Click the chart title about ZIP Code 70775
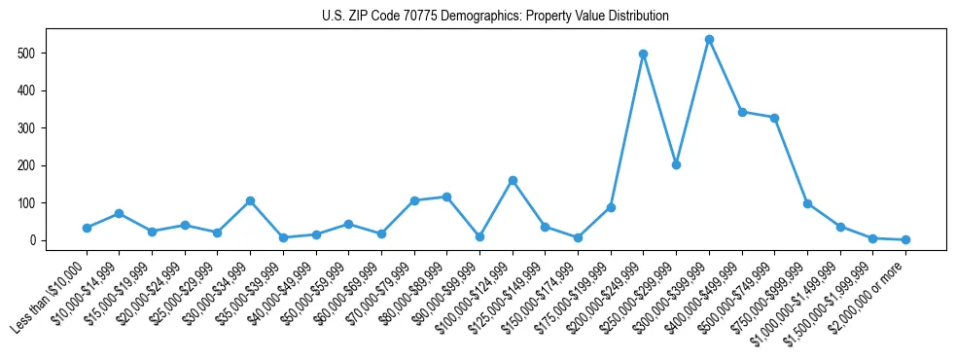[495, 17]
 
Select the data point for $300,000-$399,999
[709, 40]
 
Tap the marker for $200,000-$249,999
[643, 54]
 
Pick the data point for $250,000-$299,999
[676, 164]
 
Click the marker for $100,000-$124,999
[513, 181]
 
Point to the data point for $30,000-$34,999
[250, 201]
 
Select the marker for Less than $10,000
[87, 228]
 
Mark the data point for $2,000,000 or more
[905, 239]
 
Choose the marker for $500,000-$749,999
[774, 118]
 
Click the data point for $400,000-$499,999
[742, 112]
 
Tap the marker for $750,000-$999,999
[807, 204]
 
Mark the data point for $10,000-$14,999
[119, 213]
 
